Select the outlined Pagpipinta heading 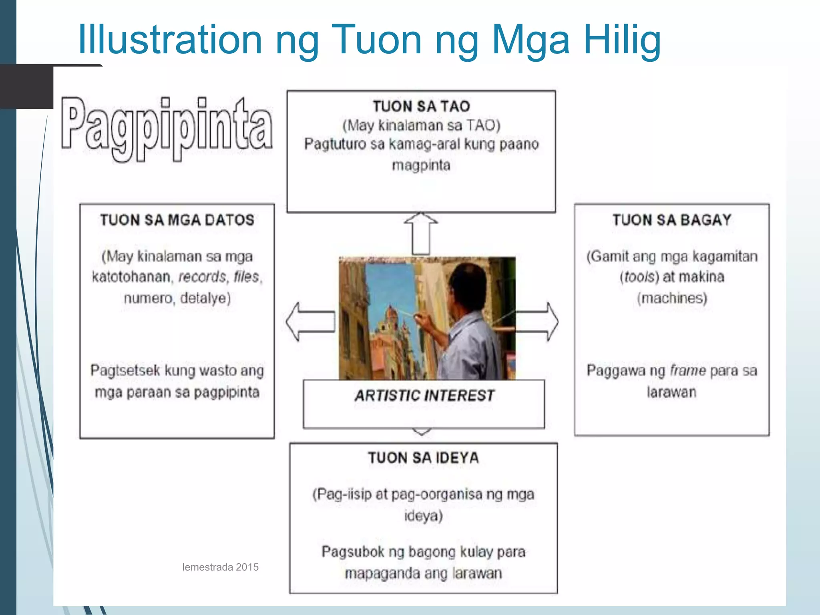167,128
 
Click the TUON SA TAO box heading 421,107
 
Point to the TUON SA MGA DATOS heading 177,220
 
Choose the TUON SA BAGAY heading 672,220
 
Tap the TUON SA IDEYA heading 423,458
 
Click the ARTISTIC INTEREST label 424,396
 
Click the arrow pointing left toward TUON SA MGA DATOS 310,322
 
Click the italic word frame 688,370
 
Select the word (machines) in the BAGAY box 672,298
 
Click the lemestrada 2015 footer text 220,567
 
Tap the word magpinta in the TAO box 421,165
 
